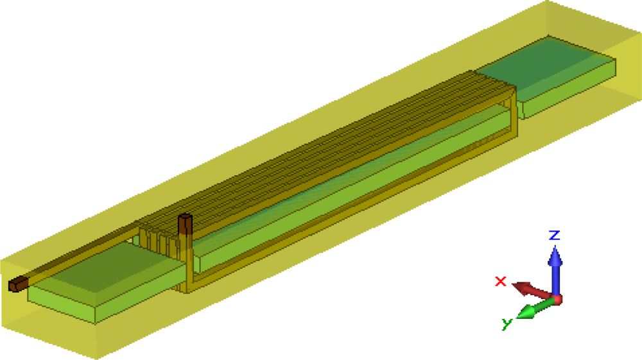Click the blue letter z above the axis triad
(555, 235)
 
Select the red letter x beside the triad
(501, 281)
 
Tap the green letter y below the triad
(507, 323)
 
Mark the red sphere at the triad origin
(557, 299)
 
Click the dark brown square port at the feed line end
(15, 284)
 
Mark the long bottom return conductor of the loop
(353, 205)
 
